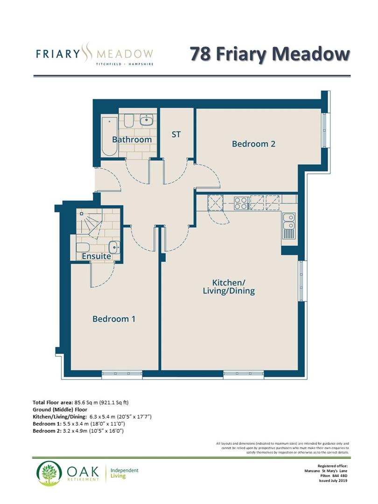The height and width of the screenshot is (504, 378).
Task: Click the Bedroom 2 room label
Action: [x=253, y=144]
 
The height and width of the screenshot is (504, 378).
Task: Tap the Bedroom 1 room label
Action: [x=114, y=319]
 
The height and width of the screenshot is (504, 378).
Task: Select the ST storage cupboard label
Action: [x=176, y=134]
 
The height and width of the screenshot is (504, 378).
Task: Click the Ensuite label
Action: [x=96, y=256]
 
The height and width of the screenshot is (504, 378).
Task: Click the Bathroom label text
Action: [x=132, y=140]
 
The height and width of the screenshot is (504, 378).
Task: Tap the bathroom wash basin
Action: [x=147, y=120]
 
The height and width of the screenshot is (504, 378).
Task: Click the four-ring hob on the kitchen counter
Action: [x=241, y=203]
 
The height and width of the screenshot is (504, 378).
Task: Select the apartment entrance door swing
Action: [x=107, y=180]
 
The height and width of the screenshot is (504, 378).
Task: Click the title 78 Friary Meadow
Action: [x=269, y=54]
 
